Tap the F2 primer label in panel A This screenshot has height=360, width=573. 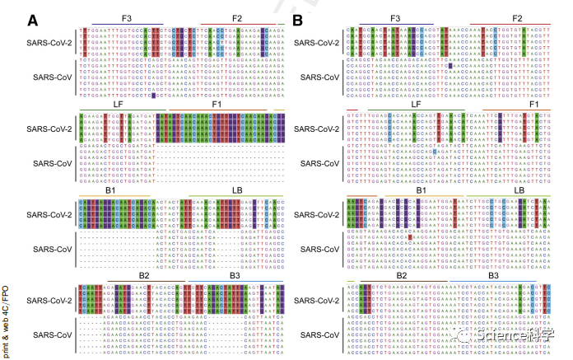pos(236,17)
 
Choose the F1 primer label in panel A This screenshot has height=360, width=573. pos(217,105)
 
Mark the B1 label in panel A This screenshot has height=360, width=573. pos(110,189)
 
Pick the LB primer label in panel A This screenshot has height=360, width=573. pos(237,189)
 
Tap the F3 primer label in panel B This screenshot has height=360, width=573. pos(395,17)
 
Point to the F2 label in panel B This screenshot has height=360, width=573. pos(517,17)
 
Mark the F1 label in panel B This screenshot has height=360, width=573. pos(533,105)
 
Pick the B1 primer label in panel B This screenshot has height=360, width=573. pos(420,189)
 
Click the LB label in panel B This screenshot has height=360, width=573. pos(519,189)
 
